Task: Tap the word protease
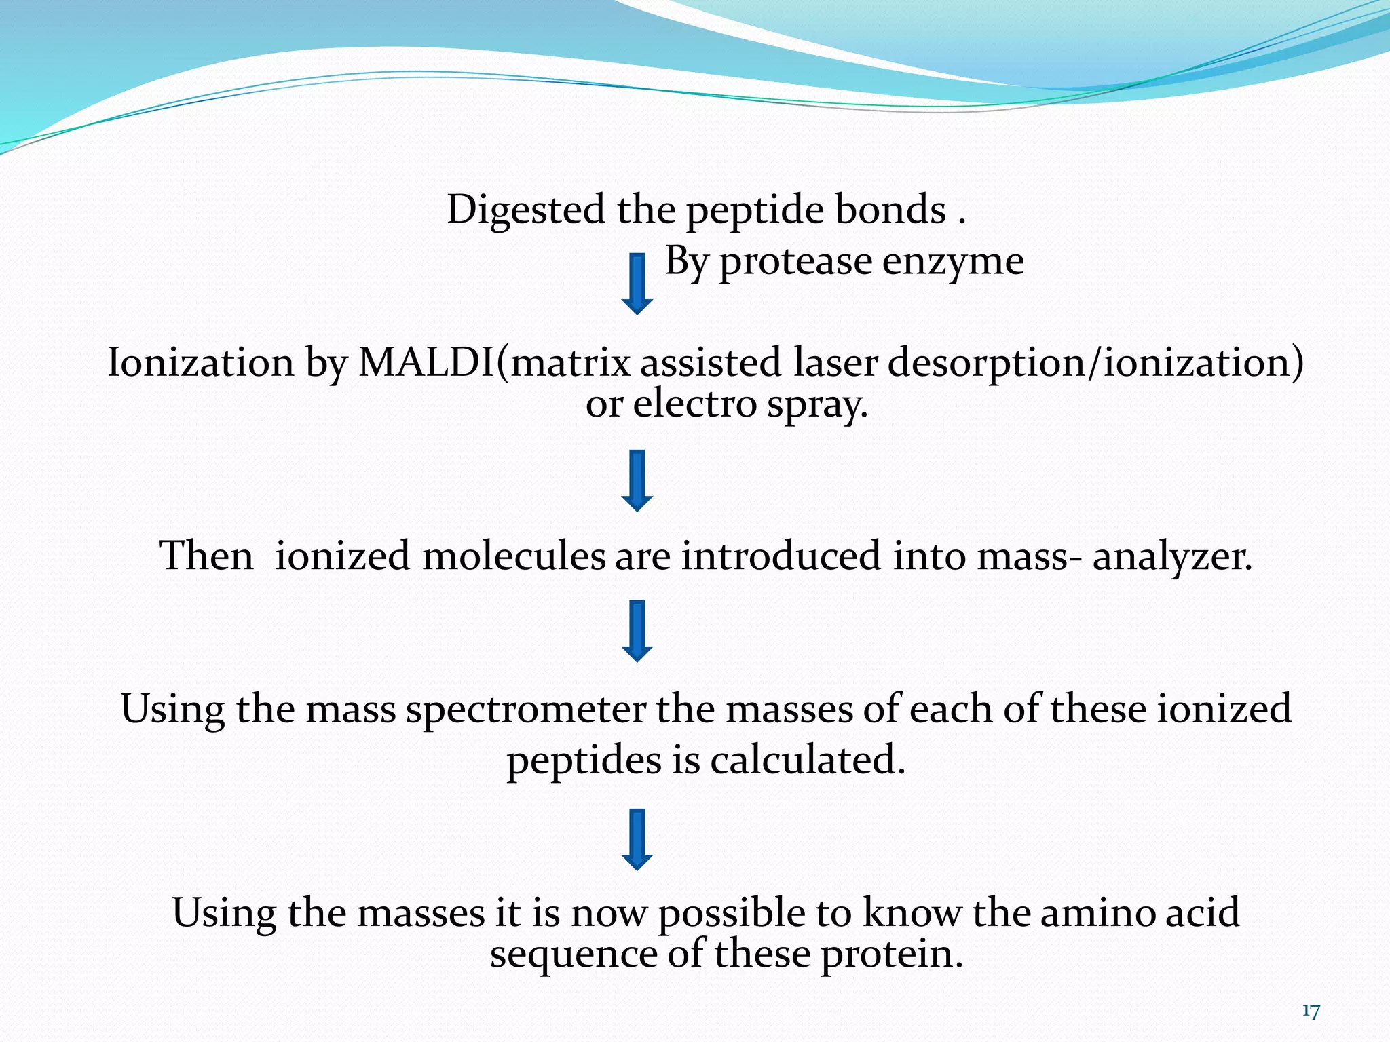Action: (795, 262)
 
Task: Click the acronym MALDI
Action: (427, 362)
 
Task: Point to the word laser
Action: (835, 362)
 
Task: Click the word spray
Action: (817, 406)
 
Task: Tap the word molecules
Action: (513, 556)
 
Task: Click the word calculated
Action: (807, 760)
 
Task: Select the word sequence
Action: (574, 955)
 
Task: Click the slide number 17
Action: (1311, 1011)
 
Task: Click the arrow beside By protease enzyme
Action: (637, 284)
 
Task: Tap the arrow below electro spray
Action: (637, 480)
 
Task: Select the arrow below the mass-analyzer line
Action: (637, 631)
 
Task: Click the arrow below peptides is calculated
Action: (637, 839)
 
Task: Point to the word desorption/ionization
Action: (1095, 362)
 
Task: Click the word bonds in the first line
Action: (890, 210)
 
